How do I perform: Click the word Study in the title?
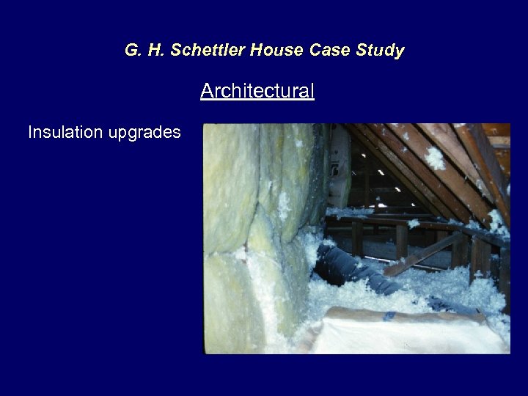click(x=378, y=51)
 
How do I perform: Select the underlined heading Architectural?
click(x=257, y=91)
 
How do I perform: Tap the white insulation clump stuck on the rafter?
click(x=435, y=158)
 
